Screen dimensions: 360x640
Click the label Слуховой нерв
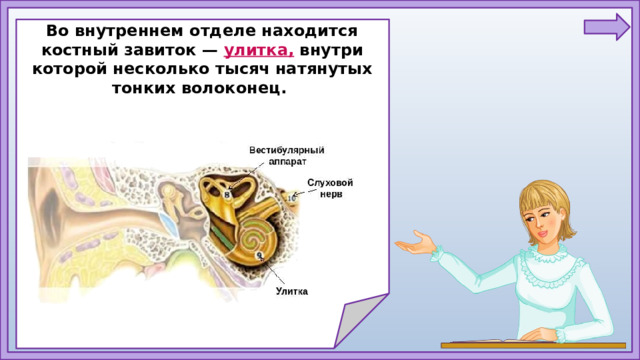pos(331,188)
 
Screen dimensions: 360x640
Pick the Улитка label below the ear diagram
pos(292,292)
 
